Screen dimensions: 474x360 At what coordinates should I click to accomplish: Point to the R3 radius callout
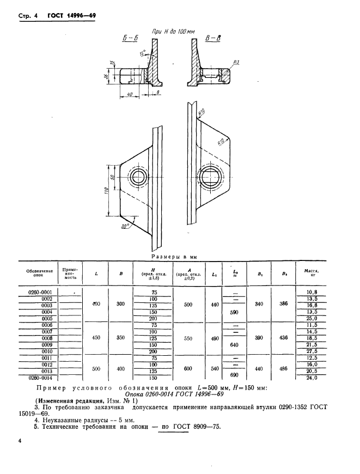[236, 63]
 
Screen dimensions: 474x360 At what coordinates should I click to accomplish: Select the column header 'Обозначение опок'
[40, 272]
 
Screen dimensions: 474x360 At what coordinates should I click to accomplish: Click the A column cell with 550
[188, 338]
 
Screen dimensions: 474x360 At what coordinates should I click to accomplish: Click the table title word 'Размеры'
[166, 255]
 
